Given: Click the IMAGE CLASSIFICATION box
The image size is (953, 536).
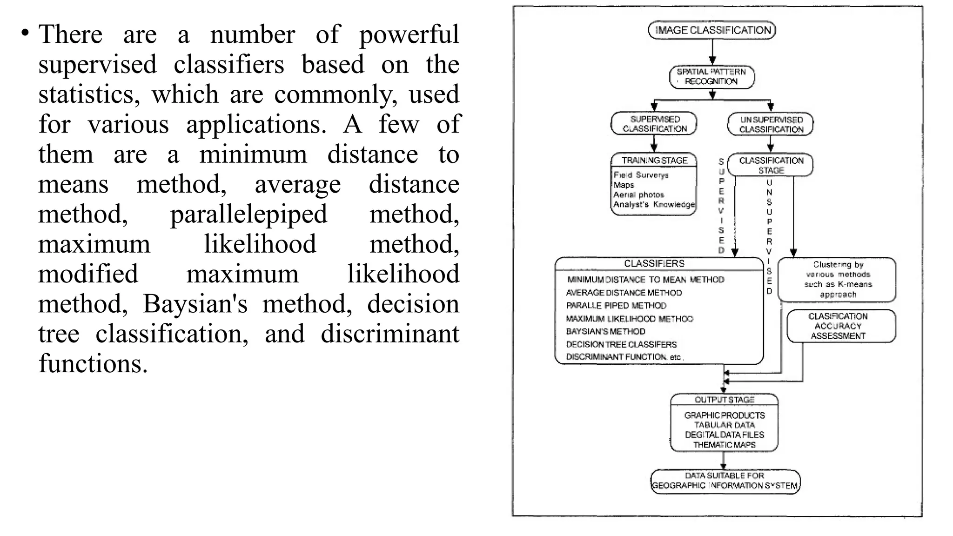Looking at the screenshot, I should tap(712, 30).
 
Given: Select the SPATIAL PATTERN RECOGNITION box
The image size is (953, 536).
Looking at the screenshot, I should tap(711, 77).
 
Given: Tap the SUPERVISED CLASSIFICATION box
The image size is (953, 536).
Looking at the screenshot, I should tap(654, 124).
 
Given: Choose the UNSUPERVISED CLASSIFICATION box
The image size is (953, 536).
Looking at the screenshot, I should tap(771, 124).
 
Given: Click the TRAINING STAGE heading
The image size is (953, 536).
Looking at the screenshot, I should tap(654, 160).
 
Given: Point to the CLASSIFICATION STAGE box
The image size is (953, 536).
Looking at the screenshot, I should tap(771, 165).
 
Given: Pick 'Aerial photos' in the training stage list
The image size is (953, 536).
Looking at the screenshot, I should tap(638, 194).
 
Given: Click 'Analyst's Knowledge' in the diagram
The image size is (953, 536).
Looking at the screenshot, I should tap(654, 204).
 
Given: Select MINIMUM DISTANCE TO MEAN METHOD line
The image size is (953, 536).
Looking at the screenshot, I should tap(645, 280).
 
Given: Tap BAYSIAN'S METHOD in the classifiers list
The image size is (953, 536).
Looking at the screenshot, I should tap(605, 331).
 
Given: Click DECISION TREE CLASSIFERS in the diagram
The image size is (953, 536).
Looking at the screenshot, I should tap(621, 344).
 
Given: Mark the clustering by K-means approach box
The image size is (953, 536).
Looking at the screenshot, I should tap(838, 279).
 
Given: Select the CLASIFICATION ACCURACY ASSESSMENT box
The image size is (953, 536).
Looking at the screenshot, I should tap(838, 326).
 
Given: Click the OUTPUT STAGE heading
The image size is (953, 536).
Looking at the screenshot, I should tap(724, 400).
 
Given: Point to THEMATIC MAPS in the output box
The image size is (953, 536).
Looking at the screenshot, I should tap(724, 445).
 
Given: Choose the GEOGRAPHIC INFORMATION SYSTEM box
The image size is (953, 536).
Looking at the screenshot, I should tap(725, 481).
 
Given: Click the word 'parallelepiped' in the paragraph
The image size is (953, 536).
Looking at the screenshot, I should tap(248, 214).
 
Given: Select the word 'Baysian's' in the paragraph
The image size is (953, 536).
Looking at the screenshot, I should tap(195, 304).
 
